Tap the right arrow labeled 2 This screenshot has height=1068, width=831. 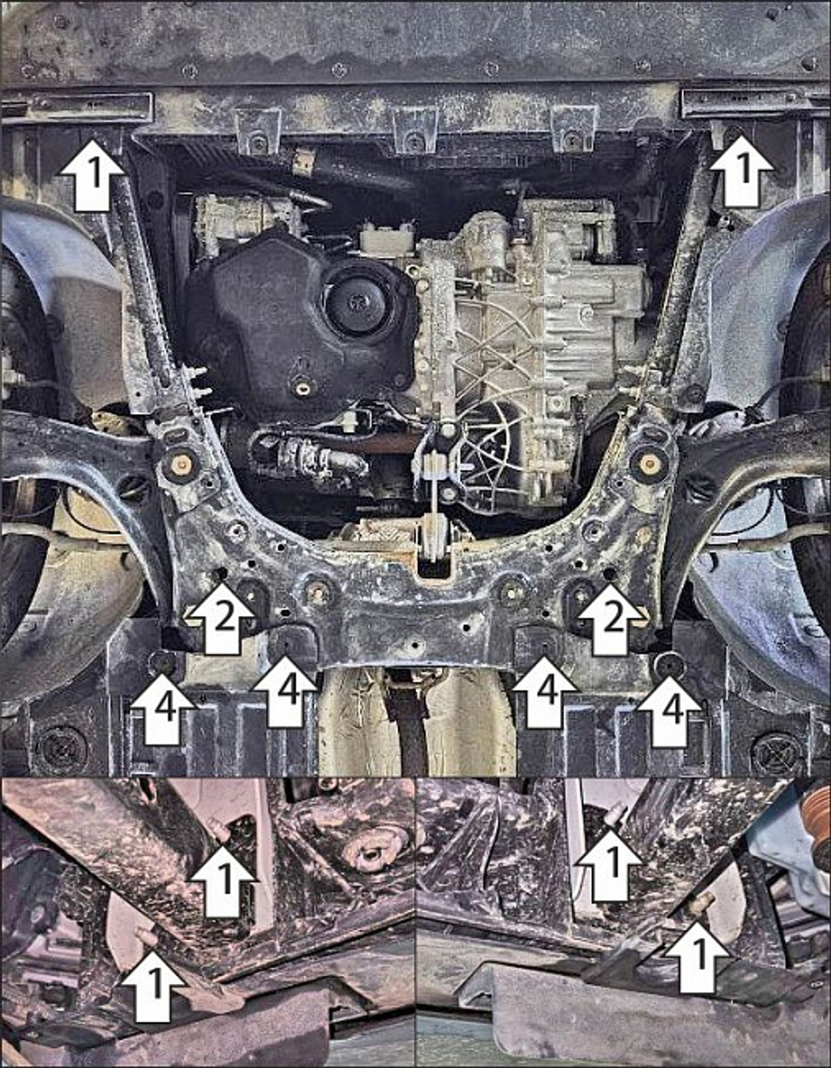(612, 618)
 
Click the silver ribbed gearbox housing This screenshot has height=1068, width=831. (532, 316)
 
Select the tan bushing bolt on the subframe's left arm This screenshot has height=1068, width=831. (180, 463)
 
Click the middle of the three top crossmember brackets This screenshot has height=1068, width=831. (415, 131)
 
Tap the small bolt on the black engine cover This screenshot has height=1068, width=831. (301, 387)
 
